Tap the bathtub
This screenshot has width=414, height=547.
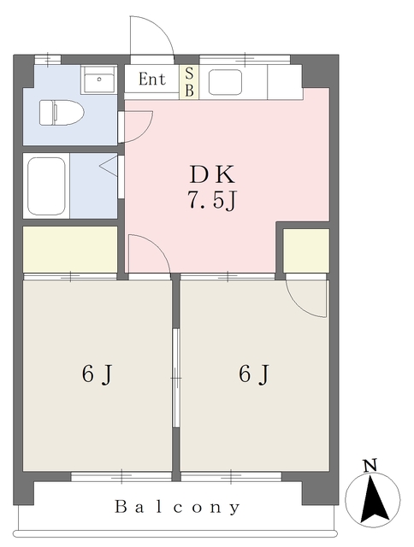pyautogui.click(x=47, y=185)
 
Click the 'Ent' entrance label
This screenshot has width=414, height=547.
pyautogui.click(x=151, y=80)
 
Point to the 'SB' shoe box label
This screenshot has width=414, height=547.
pyautogui.click(x=189, y=81)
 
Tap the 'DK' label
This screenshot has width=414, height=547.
pyautogui.click(x=211, y=175)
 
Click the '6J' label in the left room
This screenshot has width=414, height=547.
pyautogui.click(x=98, y=374)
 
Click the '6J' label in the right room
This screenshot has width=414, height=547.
pyautogui.click(x=254, y=374)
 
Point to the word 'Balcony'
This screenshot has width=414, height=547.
pyautogui.click(x=178, y=507)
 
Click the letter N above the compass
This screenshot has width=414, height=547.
pyautogui.click(x=370, y=466)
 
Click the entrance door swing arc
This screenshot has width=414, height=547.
pyautogui.click(x=152, y=36)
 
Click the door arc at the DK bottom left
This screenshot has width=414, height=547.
pyautogui.click(x=147, y=255)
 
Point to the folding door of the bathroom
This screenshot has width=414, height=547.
pyautogui.click(x=111, y=166)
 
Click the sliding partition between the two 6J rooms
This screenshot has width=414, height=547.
pyautogui.click(x=177, y=376)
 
